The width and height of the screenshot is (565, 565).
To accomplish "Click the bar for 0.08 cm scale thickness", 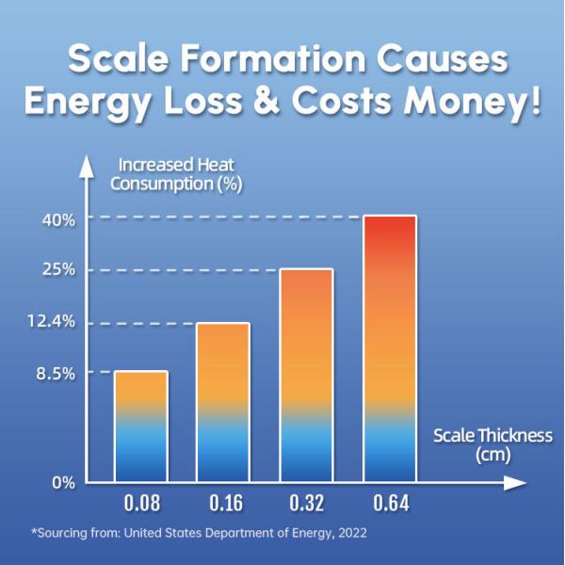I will tap(140, 427).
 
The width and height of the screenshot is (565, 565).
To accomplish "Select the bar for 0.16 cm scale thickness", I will tap(222, 403).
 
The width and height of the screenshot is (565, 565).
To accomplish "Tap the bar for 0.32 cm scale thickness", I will tap(306, 376).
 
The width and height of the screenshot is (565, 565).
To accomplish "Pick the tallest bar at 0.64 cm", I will tap(389, 349).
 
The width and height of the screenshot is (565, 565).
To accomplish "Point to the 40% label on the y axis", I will tap(57, 219).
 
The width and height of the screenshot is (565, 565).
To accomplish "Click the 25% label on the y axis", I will tap(57, 270).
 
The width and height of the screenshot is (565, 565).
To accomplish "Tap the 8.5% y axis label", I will tap(55, 373).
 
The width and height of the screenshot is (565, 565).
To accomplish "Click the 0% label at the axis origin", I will tap(62, 482).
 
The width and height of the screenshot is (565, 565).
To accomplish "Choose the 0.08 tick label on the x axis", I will tap(140, 503).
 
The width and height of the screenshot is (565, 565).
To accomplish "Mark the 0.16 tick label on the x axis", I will tap(222, 503).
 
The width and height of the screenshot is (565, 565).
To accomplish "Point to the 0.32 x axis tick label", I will tap(306, 503).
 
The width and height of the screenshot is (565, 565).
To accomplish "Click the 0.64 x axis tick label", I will tap(389, 503).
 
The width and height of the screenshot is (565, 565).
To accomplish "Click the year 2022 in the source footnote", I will tap(349, 533).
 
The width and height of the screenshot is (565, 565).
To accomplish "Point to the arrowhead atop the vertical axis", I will tap(87, 166).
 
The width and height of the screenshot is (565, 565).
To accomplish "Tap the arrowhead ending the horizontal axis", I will tap(514, 483).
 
